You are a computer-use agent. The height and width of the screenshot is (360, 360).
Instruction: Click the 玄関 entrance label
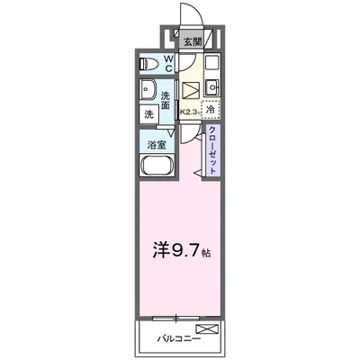click(x=193, y=41)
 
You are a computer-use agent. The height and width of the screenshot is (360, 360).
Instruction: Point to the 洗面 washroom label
click(x=167, y=100)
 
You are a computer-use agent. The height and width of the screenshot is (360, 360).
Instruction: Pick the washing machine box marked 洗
click(x=148, y=115)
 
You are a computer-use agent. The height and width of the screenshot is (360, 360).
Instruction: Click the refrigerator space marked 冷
click(x=211, y=111)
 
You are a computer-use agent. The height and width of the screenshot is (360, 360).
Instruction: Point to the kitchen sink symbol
click(x=212, y=87)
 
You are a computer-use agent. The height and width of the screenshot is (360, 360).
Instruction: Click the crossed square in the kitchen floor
click(x=192, y=90)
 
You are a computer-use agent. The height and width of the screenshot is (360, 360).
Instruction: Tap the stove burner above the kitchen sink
click(x=212, y=65)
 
